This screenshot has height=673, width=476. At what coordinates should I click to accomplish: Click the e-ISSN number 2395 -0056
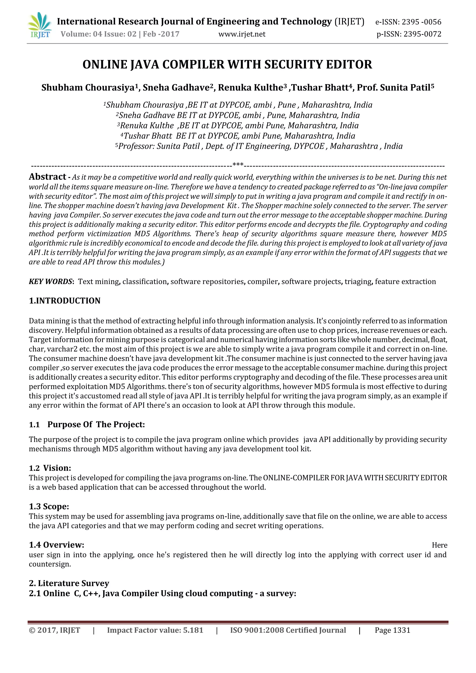tap(421, 22)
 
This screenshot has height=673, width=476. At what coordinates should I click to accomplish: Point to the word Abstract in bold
tap(47, 177)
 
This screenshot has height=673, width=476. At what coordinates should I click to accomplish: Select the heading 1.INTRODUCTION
tap(65, 301)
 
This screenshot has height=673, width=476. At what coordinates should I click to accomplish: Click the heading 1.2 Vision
tap(50, 468)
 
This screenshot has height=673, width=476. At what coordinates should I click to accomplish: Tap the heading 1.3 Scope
tap(49, 506)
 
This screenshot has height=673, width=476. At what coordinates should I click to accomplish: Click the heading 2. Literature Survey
tap(69, 583)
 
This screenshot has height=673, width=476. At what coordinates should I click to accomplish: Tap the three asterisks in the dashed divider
tap(238, 165)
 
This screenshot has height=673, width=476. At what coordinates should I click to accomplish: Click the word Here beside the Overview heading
tap(439, 545)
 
